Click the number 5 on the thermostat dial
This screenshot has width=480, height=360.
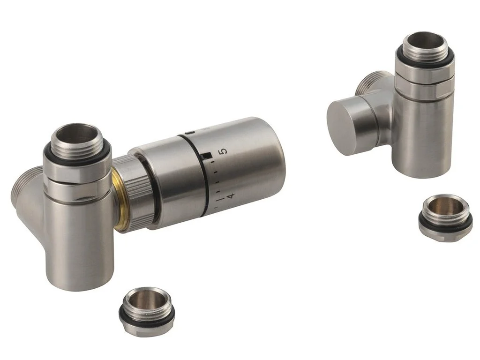224,151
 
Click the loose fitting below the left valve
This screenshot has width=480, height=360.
147,307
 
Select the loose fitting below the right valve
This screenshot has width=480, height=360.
445,217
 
